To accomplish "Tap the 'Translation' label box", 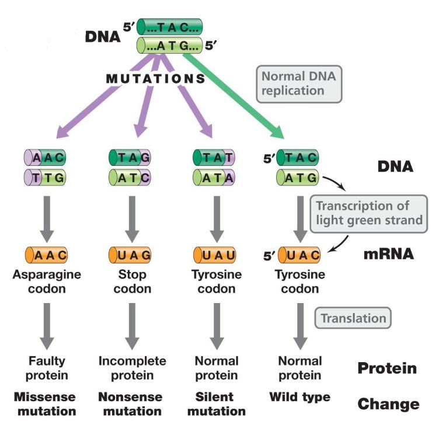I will (x=353, y=318).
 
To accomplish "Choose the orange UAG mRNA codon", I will (x=130, y=255).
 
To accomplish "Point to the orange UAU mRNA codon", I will (x=214, y=255).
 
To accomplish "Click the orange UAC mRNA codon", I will (x=298, y=255).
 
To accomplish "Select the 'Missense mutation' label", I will (x=45, y=404).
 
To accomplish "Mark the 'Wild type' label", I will (x=299, y=397).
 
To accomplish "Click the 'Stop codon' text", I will (x=131, y=281).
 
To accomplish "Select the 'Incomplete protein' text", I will (x=132, y=367).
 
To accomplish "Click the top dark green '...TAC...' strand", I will (x=170, y=27).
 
